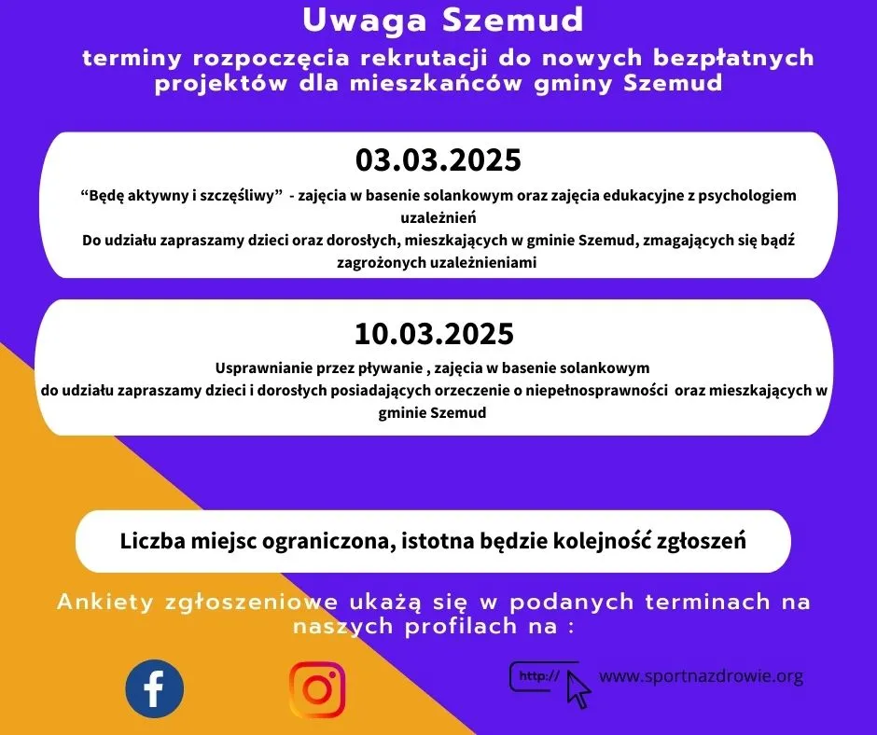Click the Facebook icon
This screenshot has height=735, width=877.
(154, 688)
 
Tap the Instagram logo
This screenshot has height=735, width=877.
(317, 689)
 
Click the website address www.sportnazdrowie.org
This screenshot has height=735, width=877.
(701, 676)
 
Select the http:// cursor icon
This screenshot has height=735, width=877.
(550, 684)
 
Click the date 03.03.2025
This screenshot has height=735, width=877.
(438, 160)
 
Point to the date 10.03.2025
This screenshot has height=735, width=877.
(434, 333)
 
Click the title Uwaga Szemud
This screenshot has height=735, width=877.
(443, 21)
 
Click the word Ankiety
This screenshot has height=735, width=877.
(105, 602)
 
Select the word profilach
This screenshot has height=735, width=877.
(461, 626)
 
